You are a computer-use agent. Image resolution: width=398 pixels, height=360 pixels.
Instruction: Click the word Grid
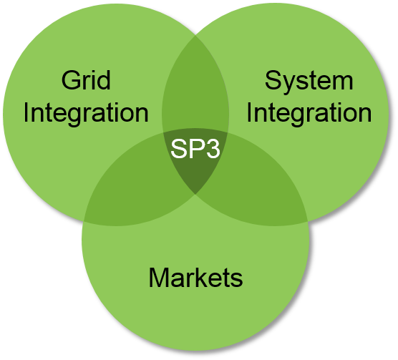pyautogui.click(x=86, y=80)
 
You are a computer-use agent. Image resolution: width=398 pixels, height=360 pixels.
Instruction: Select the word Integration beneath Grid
pyautogui.click(x=86, y=114)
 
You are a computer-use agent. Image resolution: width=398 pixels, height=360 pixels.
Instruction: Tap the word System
pyautogui.click(x=309, y=82)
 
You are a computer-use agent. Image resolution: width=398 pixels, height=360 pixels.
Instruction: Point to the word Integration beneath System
pyautogui.click(x=309, y=114)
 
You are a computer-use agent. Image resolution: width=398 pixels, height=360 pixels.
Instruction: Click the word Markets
pyautogui.click(x=195, y=277)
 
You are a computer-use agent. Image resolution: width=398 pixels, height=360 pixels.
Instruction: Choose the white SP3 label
pyautogui.click(x=195, y=148)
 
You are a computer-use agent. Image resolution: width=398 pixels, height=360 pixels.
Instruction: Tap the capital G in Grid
pyautogui.click(x=70, y=80)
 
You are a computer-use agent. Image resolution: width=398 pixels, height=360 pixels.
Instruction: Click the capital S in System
pyautogui.click(x=273, y=80)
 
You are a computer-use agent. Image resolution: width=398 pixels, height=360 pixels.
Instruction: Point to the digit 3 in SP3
pyautogui.click(x=213, y=149)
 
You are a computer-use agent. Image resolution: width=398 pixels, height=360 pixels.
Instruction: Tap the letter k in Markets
pyautogui.click(x=203, y=277)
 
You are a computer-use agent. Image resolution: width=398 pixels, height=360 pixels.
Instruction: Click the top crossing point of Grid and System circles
pyautogui.click(x=195, y=36)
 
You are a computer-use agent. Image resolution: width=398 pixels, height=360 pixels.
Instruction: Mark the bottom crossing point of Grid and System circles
pyautogui.click(x=195, y=195)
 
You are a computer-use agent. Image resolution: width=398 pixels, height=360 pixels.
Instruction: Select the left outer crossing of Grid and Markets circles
pyautogui.click(x=84, y=221)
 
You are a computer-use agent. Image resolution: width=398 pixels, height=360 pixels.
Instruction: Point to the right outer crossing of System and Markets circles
pyautogui.click(x=308, y=221)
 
